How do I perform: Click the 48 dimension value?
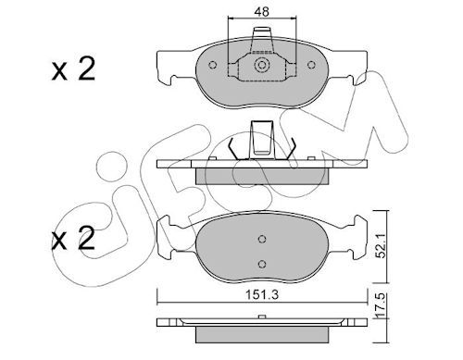(x=262, y=11)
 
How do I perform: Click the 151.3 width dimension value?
(x=262, y=295)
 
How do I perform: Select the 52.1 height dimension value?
(x=382, y=246)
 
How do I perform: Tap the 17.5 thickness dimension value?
(x=382, y=305)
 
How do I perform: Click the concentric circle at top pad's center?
(x=262, y=65)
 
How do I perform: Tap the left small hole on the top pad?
(x=212, y=65)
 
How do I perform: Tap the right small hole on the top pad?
(x=311, y=65)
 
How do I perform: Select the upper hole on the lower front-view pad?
(x=262, y=239)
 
